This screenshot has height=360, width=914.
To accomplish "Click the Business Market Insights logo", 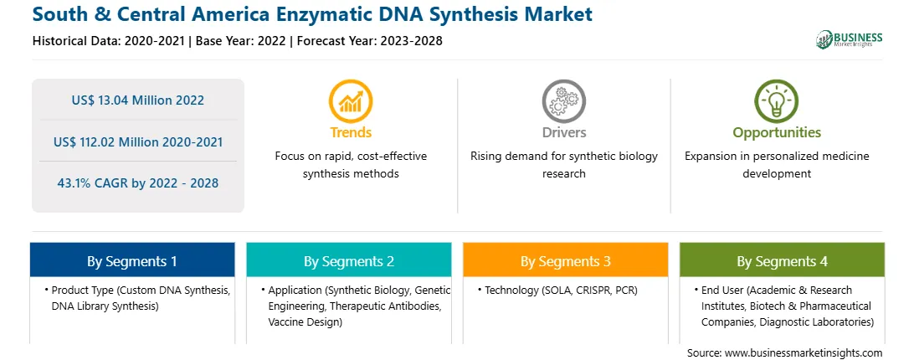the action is point(849,39).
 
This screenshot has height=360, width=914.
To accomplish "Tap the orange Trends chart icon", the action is point(351,101).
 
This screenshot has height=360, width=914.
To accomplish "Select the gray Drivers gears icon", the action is point(563,101).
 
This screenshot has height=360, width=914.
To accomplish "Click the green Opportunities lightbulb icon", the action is point(777,101).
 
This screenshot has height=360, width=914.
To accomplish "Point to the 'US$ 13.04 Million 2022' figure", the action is point(138,100).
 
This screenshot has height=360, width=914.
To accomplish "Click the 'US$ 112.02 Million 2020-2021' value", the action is point(138,141).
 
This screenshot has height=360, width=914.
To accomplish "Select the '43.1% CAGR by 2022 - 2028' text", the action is point(138,183).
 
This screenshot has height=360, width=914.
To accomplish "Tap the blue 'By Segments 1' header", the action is point(132,261).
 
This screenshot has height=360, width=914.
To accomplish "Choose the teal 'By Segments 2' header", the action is point(348,261).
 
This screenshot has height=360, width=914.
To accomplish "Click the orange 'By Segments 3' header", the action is point(566,261).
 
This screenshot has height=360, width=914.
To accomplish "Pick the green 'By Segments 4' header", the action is point(783,261).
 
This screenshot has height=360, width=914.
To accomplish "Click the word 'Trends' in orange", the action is point(351,132).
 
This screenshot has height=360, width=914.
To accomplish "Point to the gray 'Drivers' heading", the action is point(563,132).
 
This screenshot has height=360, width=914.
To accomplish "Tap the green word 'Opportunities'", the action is point(777,132).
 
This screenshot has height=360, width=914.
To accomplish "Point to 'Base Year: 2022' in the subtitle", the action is point(241,41).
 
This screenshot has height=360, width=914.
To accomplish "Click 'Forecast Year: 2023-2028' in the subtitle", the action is point(367,41).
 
